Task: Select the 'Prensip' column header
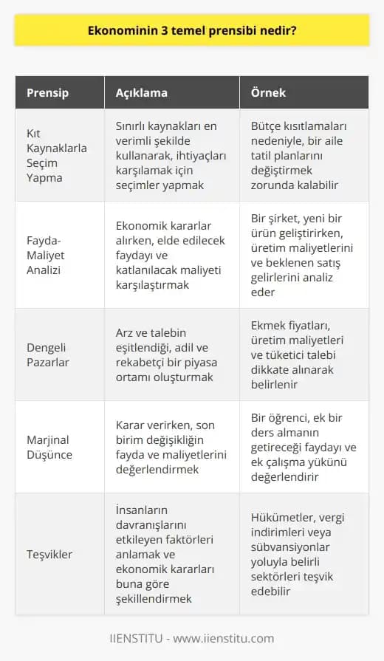coord(47,94)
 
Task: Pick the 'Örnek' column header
coord(267,94)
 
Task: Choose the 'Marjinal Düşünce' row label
coord(49,446)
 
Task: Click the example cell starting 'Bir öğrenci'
coord(304,446)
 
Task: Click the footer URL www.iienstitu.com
coord(230,638)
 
